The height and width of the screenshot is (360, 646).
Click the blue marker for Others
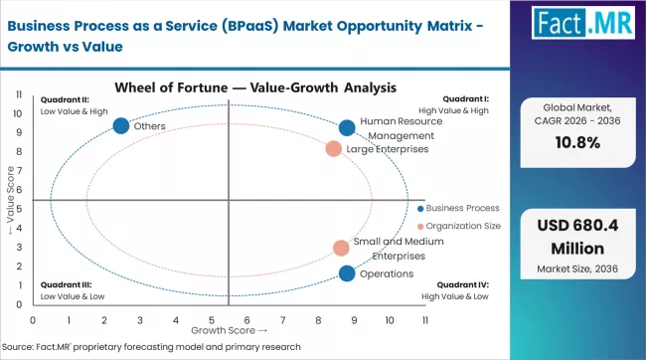[121, 126]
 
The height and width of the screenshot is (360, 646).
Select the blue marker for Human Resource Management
[347, 127]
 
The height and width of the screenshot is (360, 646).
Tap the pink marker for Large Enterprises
[334, 149]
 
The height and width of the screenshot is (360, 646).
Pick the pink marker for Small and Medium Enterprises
[341, 248]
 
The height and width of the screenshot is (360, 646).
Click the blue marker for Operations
[347, 273]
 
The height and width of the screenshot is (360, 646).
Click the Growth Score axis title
[229, 329]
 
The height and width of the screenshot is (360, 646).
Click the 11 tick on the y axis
[20, 94]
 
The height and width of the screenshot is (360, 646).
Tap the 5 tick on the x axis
[212, 320]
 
